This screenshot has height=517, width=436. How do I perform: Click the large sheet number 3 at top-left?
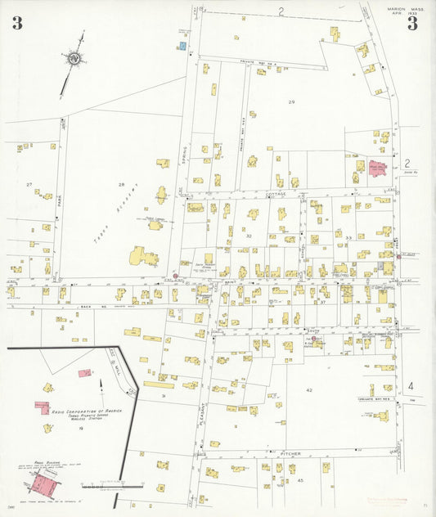[x=17, y=23]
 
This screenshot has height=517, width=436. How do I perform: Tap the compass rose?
[x=75, y=58]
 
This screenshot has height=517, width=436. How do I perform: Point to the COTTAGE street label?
[x=276, y=195]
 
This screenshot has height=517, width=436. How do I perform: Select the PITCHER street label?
[x=291, y=452]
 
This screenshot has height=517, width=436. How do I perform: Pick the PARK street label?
[x=61, y=200]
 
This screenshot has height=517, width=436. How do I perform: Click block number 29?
[x=290, y=101]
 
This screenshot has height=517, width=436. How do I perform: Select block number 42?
[x=309, y=390]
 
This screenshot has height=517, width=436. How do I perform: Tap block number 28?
[x=121, y=185]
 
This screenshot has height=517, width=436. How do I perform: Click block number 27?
[x=29, y=185]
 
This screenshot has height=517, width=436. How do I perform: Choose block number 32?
[x=248, y=236]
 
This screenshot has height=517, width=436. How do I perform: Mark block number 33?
[x=348, y=237]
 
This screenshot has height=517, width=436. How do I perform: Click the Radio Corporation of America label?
[x=86, y=411]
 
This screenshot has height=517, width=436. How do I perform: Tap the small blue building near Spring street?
[x=181, y=46]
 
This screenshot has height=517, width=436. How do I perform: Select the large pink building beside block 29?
[x=375, y=168]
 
